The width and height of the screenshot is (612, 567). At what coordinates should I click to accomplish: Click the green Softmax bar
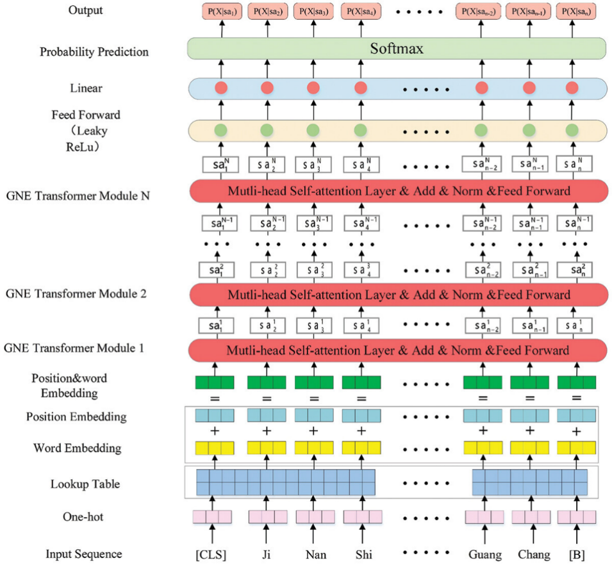coord(397,49)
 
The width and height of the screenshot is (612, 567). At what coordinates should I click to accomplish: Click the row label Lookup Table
coord(85,484)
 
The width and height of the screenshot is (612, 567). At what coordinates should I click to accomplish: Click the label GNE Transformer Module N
coord(77,195)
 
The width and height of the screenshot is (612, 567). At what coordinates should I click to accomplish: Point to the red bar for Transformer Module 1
coord(397,350)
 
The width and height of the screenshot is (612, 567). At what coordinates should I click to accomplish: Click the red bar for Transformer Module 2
coord(397,295)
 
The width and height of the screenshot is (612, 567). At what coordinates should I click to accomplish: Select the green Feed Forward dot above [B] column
coord(572,129)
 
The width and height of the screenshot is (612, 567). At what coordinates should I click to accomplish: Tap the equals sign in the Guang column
coord(483,399)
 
